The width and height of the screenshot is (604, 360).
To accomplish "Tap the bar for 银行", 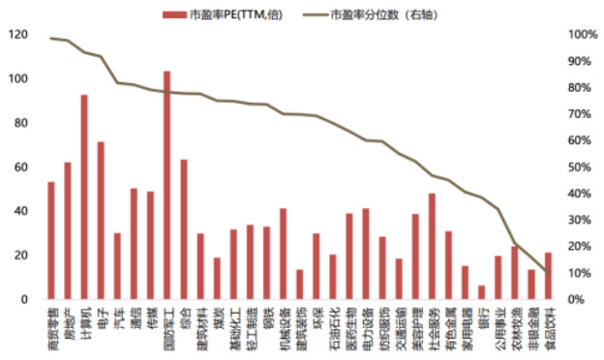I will [481, 292].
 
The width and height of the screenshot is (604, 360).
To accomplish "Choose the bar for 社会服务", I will [432, 246].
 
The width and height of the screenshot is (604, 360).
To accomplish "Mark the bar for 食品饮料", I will [548, 276].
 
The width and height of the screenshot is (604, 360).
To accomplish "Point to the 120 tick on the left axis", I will [18, 35].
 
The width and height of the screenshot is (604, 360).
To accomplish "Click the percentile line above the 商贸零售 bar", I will [51, 39].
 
